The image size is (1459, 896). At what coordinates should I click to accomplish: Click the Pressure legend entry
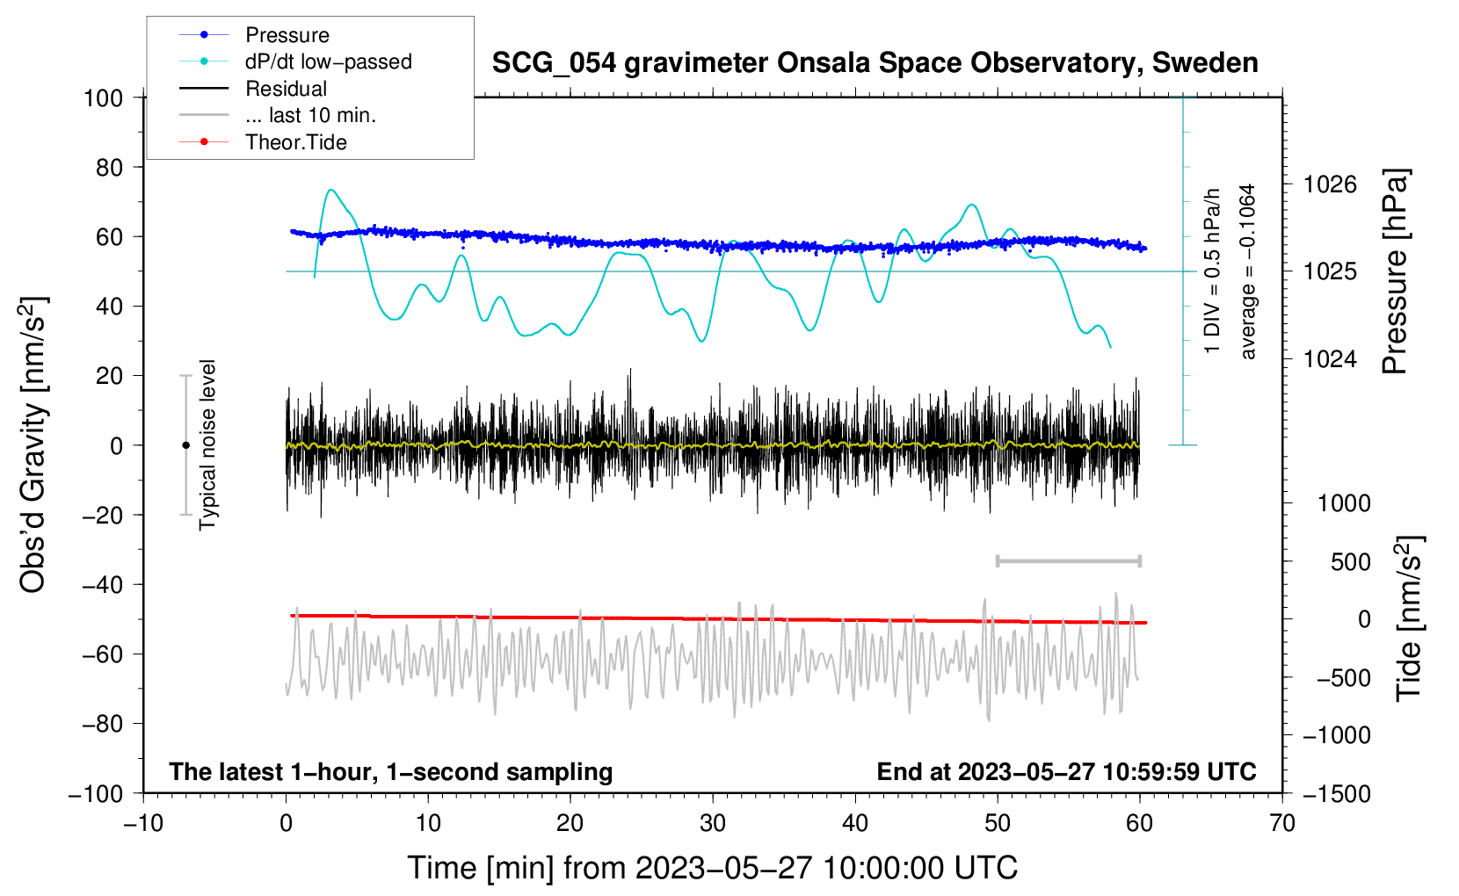[254, 34]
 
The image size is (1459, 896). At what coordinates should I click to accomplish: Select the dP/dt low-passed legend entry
[295, 61]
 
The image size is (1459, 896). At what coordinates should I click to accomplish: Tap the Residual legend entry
[253, 89]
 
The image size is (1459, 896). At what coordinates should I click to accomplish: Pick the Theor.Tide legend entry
[263, 142]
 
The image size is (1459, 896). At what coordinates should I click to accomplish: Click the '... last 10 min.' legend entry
[278, 115]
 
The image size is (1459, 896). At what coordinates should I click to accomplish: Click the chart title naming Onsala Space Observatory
[875, 63]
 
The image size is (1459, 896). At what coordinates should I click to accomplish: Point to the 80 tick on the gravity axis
[109, 168]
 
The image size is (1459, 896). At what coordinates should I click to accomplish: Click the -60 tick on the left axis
[102, 654]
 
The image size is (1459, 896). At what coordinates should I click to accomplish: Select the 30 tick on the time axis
[713, 824]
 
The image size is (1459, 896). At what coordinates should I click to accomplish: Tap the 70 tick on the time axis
[1281, 824]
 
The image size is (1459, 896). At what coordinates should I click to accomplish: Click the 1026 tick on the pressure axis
[1330, 185]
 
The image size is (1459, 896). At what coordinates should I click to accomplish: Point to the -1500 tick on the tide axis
[1337, 794]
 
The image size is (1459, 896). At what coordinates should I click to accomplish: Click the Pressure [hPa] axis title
[1395, 271]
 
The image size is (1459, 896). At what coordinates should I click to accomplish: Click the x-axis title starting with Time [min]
[713, 868]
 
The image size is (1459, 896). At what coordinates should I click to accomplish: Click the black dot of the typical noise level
[185, 445]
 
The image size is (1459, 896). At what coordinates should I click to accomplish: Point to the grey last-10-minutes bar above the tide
[1068, 560]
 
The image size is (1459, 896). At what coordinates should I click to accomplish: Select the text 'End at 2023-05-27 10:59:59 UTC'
[1066, 771]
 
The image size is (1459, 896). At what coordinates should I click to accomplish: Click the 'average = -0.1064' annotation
[1247, 272]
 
